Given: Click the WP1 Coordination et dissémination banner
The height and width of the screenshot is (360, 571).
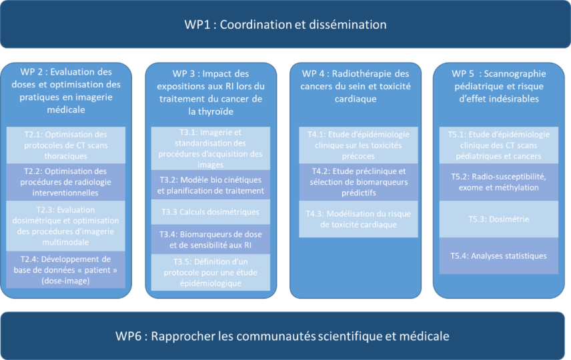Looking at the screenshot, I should click(285, 25).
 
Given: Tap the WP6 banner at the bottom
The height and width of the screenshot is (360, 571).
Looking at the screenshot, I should click(285, 335).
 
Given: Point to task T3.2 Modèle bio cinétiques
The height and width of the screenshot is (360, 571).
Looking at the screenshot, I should click(210, 185).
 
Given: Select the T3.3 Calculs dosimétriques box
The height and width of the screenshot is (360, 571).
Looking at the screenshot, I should click(210, 211).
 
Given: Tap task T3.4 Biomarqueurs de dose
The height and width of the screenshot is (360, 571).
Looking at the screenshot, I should click(210, 239).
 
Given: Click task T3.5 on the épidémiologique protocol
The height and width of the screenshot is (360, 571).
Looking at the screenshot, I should click(210, 272).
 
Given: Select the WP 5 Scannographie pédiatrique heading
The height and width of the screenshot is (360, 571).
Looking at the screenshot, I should click(499, 85).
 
